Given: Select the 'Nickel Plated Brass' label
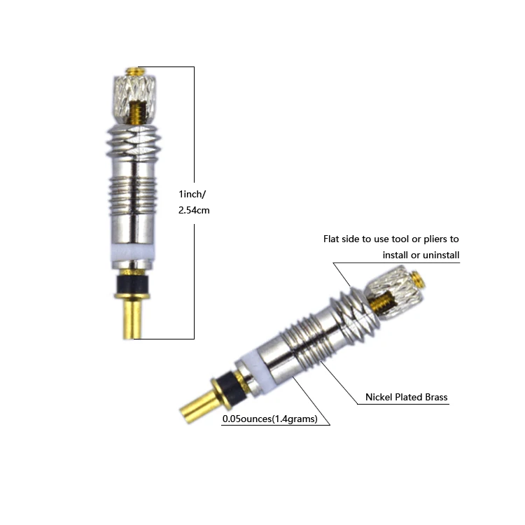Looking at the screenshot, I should pyautogui.click(x=406, y=398).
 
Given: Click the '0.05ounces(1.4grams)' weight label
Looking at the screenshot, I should pyautogui.click(x=270, y=419).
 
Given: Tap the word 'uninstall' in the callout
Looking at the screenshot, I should pyautogui.click(x=438, y=255).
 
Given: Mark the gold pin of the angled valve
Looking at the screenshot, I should pyautogui.click(x=199, y=402).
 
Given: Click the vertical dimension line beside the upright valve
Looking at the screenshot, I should pyautogui.click(x=194, y=140).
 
